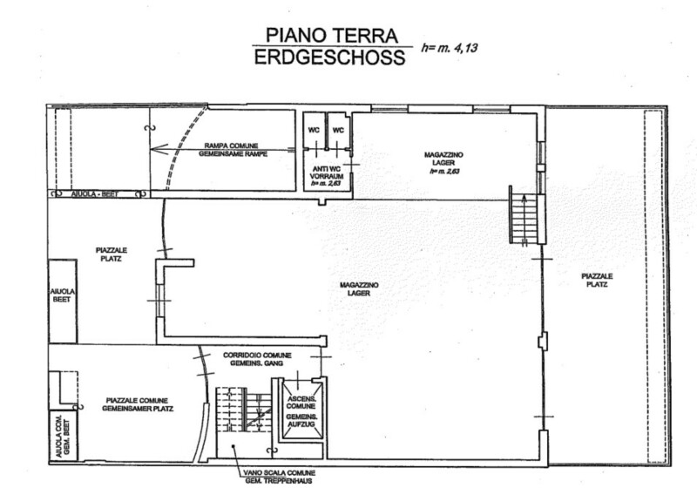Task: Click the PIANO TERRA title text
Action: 332,35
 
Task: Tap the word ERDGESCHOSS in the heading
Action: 330,58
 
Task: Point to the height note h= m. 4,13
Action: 450,48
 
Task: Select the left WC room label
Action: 314,130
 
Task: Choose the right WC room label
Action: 338,130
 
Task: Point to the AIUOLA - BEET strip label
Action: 95,194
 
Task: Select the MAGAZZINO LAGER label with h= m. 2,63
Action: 443,163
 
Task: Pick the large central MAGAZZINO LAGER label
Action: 359,289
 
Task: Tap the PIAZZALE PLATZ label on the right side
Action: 597,280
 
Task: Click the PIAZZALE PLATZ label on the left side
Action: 112,254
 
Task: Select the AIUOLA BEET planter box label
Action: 62,295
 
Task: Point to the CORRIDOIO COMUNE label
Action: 257,359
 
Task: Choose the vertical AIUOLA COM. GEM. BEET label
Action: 63,436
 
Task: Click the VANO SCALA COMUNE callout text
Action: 279,477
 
